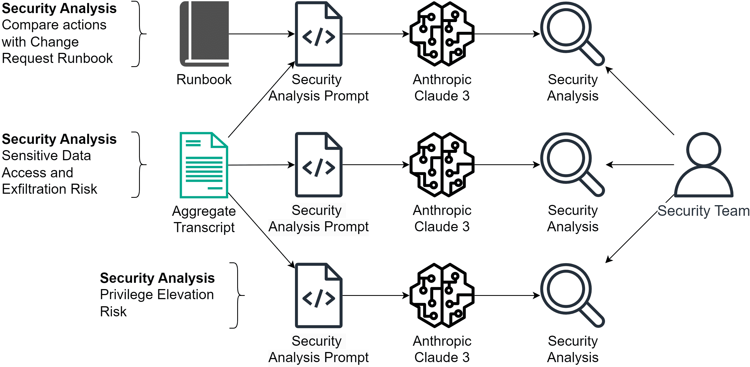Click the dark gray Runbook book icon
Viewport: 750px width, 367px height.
(204, 34)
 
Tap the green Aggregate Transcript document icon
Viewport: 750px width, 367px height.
(204, 165)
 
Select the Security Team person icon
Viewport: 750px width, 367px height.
(703, 165)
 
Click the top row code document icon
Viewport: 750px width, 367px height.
(318, 34)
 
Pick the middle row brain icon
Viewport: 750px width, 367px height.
(442, 165)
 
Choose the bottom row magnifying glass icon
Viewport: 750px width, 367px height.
(572, 295)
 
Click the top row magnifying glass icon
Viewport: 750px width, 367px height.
(572, 34)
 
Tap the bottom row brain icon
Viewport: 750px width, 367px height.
(442, 295)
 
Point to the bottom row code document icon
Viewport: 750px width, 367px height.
(318, 295)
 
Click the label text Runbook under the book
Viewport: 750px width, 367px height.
(204, 80)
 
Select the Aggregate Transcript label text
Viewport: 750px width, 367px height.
(204, 219)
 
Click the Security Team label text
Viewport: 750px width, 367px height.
(703, 211)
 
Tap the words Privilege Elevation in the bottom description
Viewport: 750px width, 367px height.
(157, 295)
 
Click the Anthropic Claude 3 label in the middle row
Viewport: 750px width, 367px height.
(442, 218)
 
